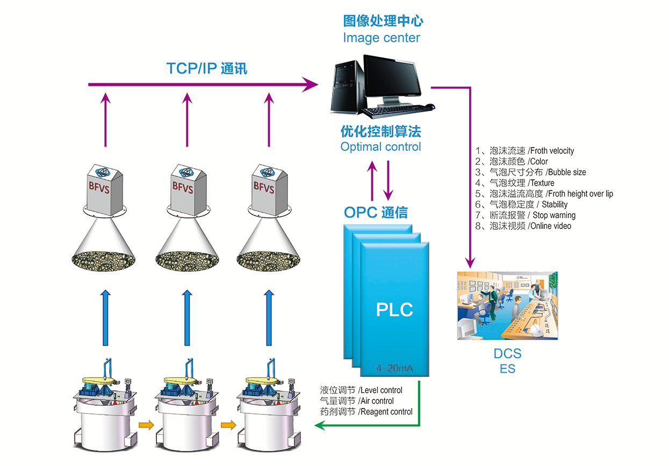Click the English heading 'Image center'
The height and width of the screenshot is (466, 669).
[x=382, y=38]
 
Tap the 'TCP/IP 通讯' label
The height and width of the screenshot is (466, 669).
[x=207, y=69]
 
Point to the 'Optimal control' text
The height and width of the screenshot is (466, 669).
[x=381, y=147]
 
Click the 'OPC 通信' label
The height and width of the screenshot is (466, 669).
[x=376, y=213]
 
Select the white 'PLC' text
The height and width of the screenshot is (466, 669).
[x=394, y=310]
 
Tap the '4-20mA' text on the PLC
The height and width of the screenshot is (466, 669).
[x=395, y=369]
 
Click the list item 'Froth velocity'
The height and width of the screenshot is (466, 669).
[x=551, y=151]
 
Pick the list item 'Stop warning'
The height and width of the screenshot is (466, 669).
[x=554, y=215]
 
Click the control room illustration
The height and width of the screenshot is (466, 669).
[x=507, y=305]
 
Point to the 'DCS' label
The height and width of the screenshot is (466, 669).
[x=507, y=354]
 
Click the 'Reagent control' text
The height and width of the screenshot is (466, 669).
[x=385, y=412]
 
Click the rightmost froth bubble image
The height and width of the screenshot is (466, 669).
[x=269, y=261]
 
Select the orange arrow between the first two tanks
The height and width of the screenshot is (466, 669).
[x=145, y=426]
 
